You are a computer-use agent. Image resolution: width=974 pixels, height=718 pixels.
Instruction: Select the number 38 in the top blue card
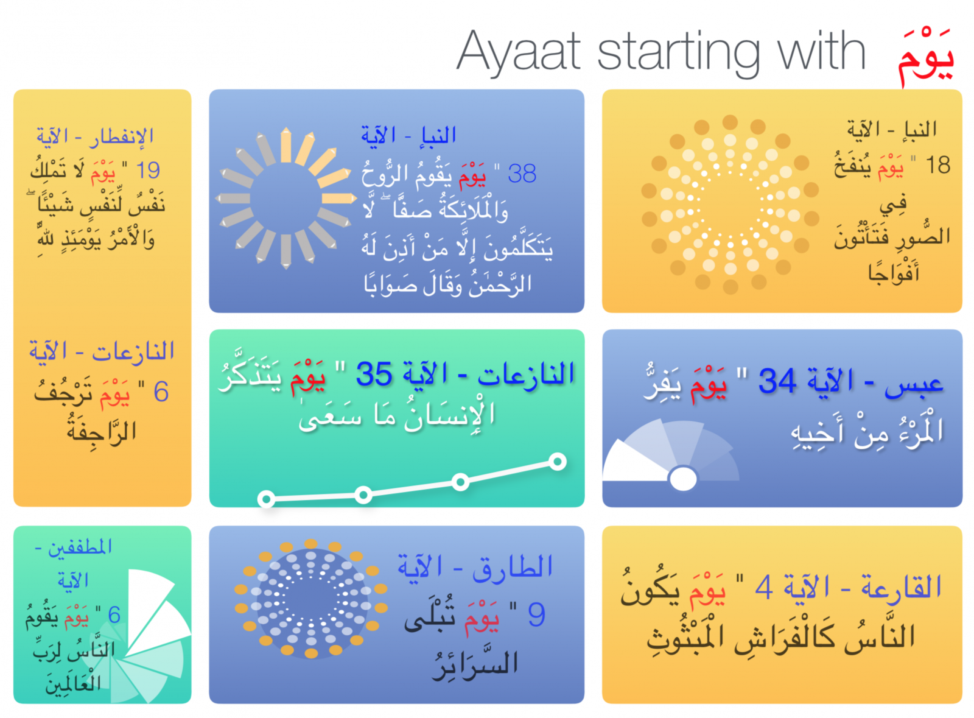click(x=522, y=174)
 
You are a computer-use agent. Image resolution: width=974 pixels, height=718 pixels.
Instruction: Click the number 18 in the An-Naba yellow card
click(x=938, y=165)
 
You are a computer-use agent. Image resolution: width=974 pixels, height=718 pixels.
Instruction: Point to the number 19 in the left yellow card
click(x=148, y=170)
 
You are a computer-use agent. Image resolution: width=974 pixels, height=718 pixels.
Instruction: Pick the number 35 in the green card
click(x=374, y=374)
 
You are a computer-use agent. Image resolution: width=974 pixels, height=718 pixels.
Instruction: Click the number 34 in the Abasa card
click(x=778, y=381)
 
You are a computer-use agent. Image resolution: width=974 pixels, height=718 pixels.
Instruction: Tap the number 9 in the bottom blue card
click(x=536, y=614)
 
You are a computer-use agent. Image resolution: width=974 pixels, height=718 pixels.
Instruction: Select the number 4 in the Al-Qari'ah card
click(x=764, y=587)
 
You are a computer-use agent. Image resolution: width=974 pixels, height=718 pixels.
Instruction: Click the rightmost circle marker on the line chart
click(x=558, y=461)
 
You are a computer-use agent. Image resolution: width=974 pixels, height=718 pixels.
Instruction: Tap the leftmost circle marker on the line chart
click(x=266, y=499)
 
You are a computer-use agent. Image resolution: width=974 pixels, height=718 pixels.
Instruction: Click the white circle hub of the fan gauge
click(x=682, y=479)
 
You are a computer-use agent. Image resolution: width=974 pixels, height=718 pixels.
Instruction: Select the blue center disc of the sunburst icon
click(x=286, y=199)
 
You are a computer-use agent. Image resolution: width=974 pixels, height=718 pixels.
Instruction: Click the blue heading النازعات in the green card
click(x=526, y=375)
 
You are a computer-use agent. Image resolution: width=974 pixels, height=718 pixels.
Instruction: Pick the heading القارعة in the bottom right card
click(x=902, y=587)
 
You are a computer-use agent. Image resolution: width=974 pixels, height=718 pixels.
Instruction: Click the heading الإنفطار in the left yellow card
click(x=122, y=136)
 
